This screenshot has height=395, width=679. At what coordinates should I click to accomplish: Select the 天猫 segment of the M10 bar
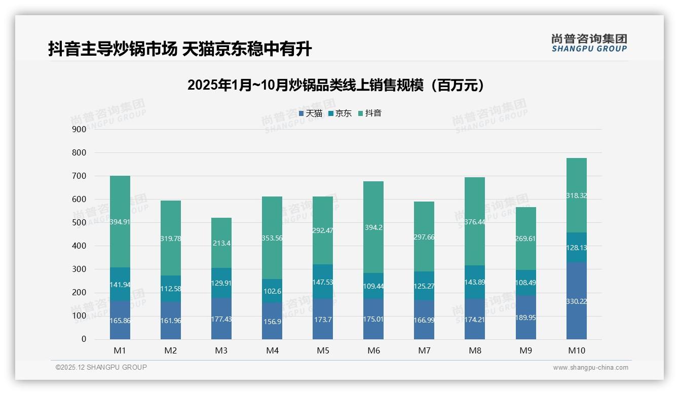(576, 301)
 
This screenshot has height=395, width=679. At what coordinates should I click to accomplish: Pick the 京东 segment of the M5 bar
(323, 281)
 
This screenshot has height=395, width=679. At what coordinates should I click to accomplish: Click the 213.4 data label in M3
(221, 229)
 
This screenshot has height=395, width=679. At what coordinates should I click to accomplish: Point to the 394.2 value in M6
(373, 227)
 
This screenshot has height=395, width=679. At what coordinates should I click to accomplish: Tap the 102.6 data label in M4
(272, 291)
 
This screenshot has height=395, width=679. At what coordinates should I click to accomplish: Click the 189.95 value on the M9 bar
(525, 318)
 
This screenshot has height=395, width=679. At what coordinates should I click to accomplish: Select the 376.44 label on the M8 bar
(475, 221)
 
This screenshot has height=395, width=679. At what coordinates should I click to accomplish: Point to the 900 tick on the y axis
(80, 129)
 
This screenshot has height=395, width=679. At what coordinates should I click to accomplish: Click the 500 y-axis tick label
(80, 223)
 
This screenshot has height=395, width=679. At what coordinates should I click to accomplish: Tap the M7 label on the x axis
(424, 350)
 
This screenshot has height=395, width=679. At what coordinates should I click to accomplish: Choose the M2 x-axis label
(171, 350)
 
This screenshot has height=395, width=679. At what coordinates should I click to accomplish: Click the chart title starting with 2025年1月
(336, 85)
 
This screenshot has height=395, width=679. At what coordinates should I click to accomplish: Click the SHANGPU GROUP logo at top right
(589, 43)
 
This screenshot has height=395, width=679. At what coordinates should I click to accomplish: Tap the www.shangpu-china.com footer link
(590, 368)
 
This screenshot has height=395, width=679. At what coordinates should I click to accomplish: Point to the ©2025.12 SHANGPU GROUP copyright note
(101, 367)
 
